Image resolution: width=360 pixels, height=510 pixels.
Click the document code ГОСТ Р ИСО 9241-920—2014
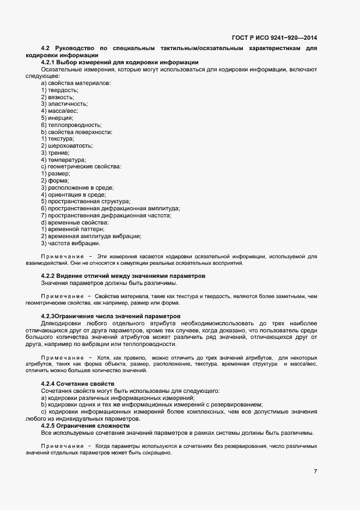pos(274,38)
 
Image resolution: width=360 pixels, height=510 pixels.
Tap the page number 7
pos(315,471)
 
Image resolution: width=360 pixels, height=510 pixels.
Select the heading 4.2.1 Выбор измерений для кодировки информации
pos(119,63)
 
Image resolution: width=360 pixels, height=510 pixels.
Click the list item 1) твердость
pos(56,90)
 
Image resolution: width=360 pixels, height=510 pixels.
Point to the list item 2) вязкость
pos(55,97)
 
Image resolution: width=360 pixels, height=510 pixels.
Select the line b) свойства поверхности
pos(77,132)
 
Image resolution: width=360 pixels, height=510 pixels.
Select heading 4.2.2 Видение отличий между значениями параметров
pos(123,276)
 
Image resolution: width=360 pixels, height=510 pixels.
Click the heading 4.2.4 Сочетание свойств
pos(77,384)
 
